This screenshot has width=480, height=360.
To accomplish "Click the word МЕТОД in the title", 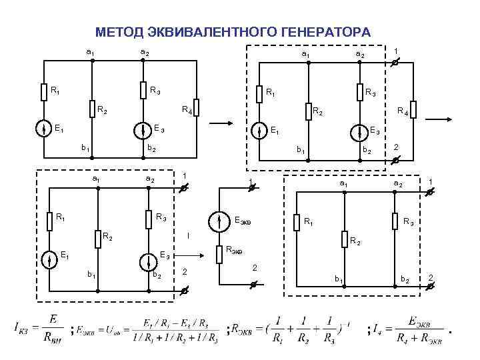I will pyautogui.click(x=119, y=32).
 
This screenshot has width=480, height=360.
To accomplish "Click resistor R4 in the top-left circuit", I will pyautogui.click(x=197, y=108).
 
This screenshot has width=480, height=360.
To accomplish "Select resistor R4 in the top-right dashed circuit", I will pyautogui.click(x=414, y=109).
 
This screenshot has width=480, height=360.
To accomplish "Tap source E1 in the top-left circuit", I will pyautogui.click(x=43, y=128).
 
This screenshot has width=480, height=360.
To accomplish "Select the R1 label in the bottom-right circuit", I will pyautogui.click(x=309, y=221).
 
